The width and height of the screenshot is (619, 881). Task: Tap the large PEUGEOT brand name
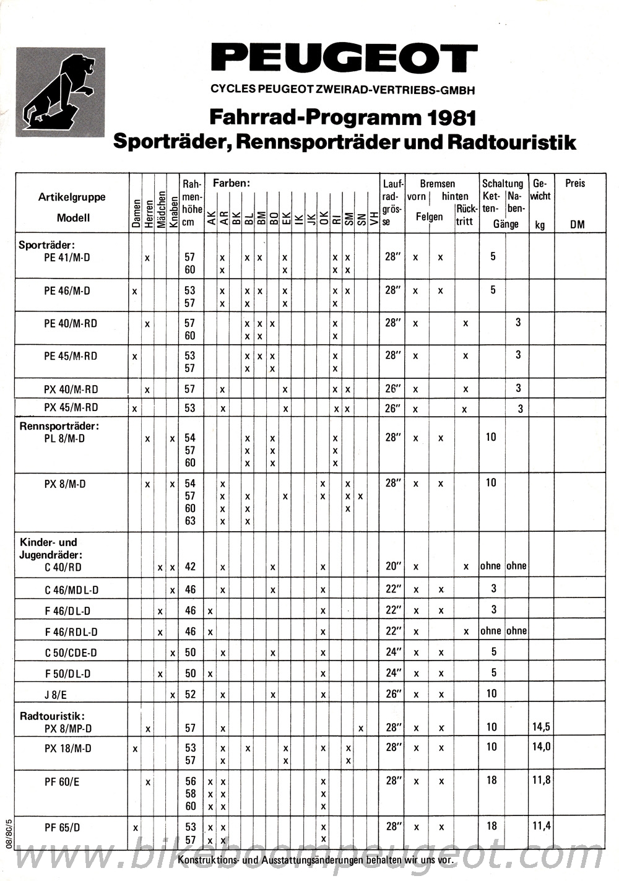point(344,59)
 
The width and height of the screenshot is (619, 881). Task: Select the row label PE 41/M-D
point(67,257)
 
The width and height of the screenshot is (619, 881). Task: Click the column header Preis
point(574,183)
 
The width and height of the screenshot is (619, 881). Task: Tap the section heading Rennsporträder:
point(59,426)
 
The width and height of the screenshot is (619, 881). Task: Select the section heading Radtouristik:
point(52,716)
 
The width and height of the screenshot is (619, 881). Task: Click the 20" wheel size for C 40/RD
point(393,566)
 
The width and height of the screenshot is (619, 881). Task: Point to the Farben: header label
point(231,183)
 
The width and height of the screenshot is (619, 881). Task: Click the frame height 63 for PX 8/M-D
point(190,521)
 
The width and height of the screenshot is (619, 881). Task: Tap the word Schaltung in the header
point(502,183)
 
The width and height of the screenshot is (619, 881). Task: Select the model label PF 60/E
point(62,782)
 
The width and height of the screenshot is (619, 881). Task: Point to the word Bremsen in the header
point(437,183)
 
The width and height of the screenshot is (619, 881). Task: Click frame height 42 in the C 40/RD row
point(190,566)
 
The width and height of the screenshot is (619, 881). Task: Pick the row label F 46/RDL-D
point(71,632)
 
